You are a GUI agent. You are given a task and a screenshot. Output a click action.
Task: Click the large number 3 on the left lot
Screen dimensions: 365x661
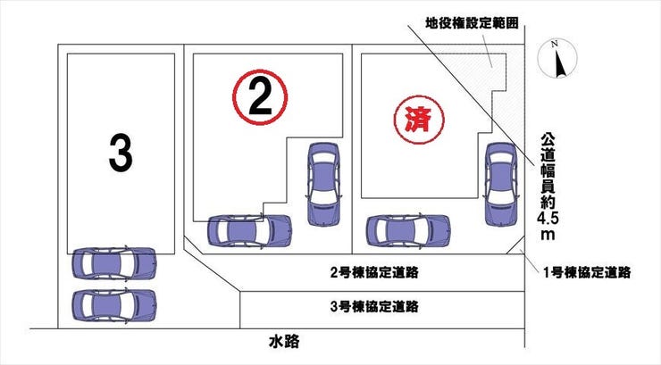(120, 153)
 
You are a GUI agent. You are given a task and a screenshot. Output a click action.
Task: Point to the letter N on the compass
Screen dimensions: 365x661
(556, 44)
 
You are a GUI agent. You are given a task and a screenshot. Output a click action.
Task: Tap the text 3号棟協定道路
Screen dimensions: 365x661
(374, 306)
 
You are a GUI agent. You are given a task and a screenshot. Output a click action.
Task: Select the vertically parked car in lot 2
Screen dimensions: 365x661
(322, 183)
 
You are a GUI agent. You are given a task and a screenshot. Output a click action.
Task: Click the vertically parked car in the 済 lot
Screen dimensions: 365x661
(500, 183)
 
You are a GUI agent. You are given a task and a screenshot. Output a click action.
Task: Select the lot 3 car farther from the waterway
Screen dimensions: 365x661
(113, 263)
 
